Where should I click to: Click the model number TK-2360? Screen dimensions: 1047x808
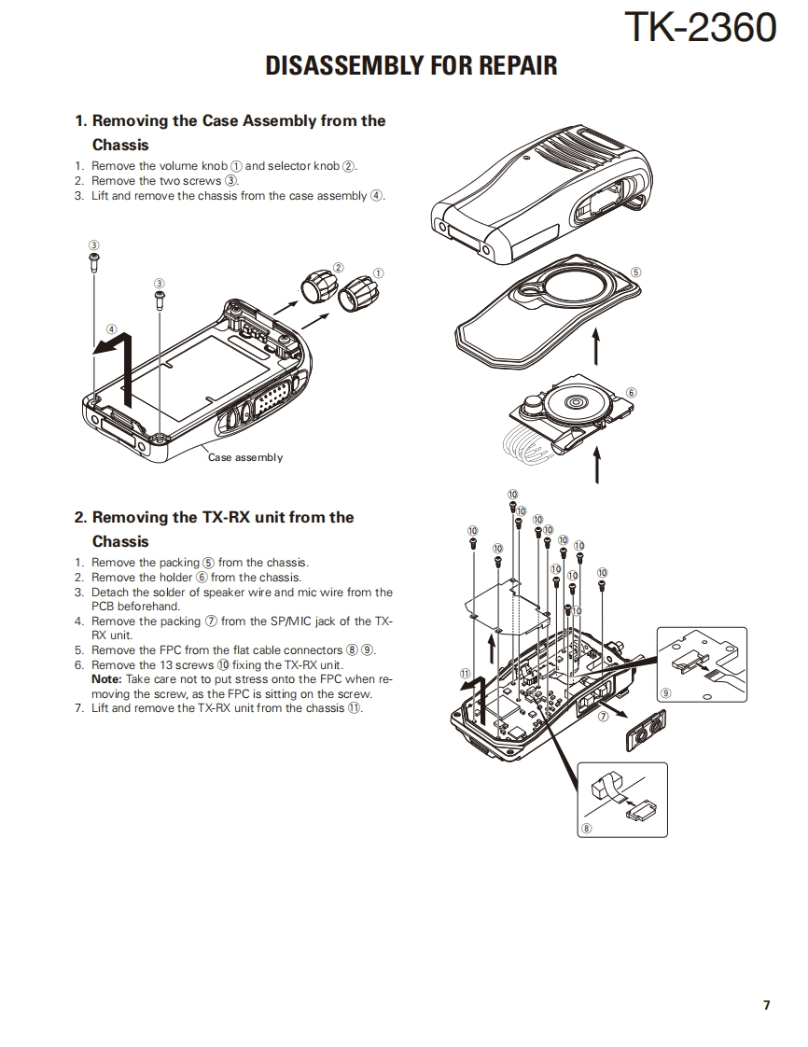click(699, 29)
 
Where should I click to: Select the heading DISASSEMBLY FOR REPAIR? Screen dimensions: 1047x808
click(411, 66)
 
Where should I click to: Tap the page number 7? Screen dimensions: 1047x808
click(766, 1005)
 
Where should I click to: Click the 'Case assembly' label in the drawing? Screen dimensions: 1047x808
click(244, 457)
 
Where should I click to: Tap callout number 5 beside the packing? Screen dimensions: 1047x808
click(635, 272)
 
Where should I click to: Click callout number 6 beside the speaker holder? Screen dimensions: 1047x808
click(631, 392)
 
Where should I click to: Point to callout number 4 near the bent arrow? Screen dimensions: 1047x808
click(111, 328)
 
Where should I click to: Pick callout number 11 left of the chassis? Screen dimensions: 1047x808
click(465, 673)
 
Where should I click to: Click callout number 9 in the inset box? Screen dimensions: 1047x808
click(665, 693)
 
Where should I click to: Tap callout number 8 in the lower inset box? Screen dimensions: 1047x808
click(586, 828)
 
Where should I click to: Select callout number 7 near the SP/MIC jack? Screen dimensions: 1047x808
click(604, 717)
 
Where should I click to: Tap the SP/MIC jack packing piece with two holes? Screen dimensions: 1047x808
click(645, 728)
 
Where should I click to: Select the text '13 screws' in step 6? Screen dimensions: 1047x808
click(187, 665)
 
